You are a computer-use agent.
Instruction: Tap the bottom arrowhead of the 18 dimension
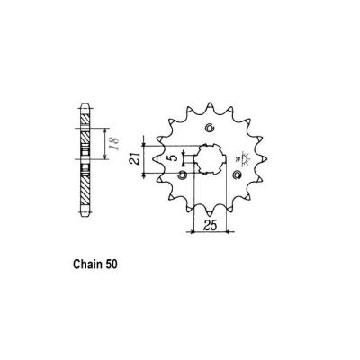101,168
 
